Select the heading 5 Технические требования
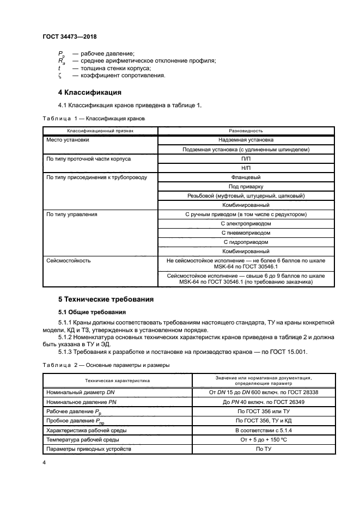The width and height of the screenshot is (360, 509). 106,299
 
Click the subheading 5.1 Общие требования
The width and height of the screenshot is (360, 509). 92,312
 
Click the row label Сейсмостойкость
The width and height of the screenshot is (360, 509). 69,261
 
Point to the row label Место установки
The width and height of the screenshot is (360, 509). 68,140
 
